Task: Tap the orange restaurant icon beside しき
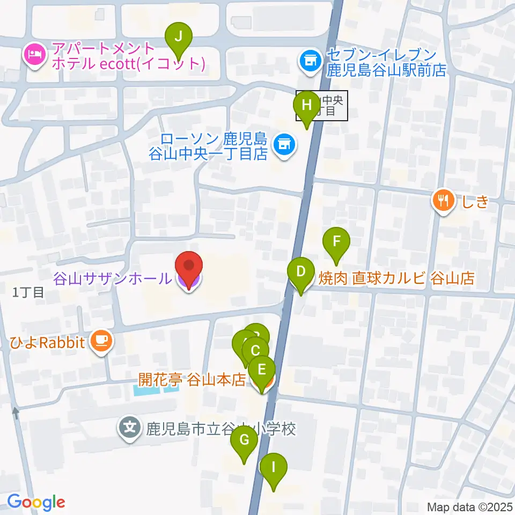[x=443, y=202]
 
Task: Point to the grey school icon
[x=129, y=429]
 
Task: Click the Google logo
[x=36, y=502]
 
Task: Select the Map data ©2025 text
[x=469, y=506]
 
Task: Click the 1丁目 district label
[x=28, y=293]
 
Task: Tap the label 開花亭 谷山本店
[x=192, y=380]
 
